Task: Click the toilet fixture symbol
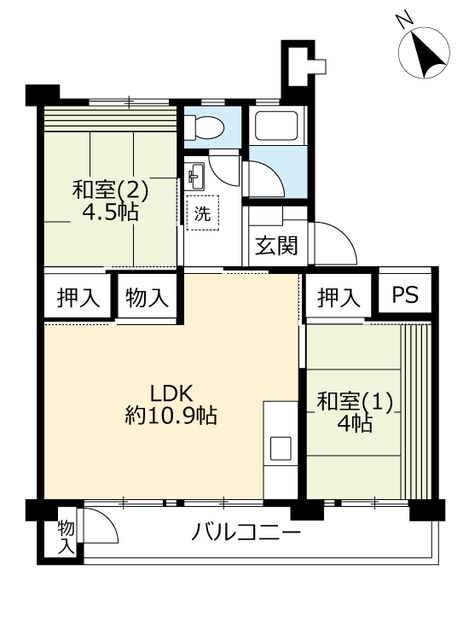tap(204, 126)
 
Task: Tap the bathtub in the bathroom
tap(277, 124)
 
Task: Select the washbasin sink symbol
tap(194, 176)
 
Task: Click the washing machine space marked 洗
tap(202, 213)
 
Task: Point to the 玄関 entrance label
tap(276, 246)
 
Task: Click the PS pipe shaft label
tap(405, 294)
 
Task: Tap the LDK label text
tap(171, 393)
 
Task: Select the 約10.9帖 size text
tap(171, 416)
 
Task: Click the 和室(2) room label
tap(110, 190)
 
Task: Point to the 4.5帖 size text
tap(110, 211)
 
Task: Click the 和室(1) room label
tap(354, 402)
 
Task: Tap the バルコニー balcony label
tap(246, 533)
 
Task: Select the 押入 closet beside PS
tap(338, 297)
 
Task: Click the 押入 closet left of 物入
tap(78, 297)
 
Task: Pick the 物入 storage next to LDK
tap(147, 297)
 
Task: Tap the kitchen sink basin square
tap(281, 448)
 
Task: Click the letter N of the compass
tap(405, 21)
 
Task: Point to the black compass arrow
tap(427, 54)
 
